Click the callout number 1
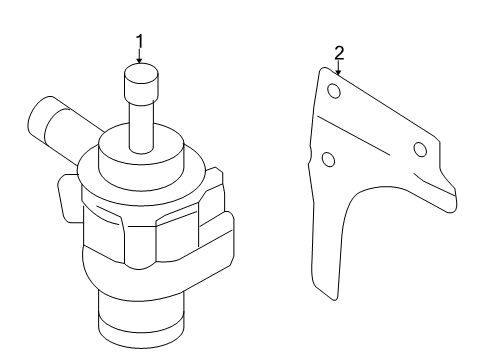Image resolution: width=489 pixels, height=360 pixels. pyautogui.click(x=140, y=41)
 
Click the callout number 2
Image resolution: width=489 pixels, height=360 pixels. pyautogui.click(x=339, y=53)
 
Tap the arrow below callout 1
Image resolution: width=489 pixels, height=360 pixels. pyautogui.click(x=139, y=56)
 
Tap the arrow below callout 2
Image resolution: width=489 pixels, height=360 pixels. pyautogui.click(x=339, y=68)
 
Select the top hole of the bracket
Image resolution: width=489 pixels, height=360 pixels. pyautogui.click(x=334, y=91)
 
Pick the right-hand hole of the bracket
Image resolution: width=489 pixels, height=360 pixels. pyautogui.click(x=420, y=149)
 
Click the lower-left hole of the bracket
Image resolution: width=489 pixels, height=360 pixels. pyautogui.click(x=329, y=159)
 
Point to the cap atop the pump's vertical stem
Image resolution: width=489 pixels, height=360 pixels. pyautogui.click(x=141, y=83)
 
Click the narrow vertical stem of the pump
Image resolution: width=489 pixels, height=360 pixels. pyautogui.click(x=142, y=128)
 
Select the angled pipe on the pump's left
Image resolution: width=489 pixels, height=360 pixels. pyautogui.click(x=60, y=128)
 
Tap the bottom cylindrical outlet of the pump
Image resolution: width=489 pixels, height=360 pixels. pyautogui.click(x=141, y=319)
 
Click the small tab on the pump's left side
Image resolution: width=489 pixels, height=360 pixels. pyautogui.click(x=69, y=198)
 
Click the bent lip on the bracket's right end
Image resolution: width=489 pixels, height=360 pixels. pyautogui.click(x=442, y=188)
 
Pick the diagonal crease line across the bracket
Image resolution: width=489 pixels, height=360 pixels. pyautogui.click(x=354, y=135)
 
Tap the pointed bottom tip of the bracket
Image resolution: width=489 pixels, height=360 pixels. pyautogui.click(x=334, y=299)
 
